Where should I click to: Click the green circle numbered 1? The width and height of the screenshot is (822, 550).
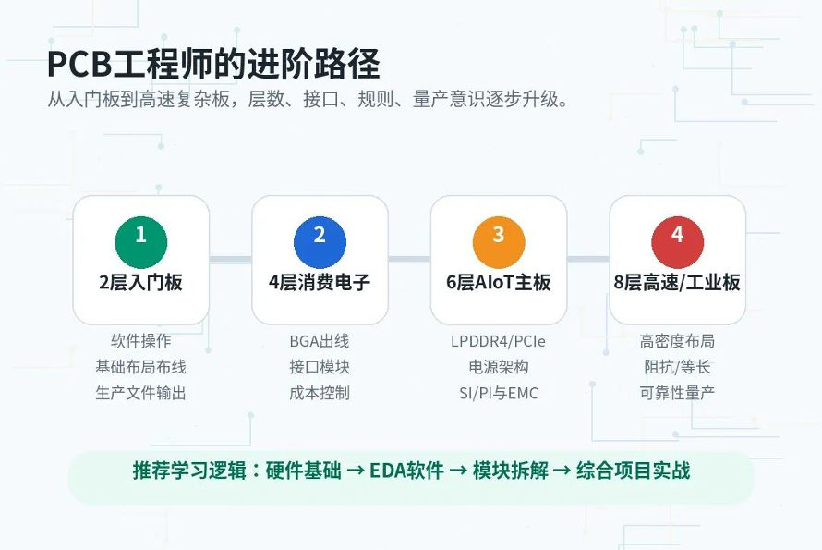click(x=141, y=242)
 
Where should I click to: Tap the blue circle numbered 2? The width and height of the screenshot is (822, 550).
click(x=320, y=242)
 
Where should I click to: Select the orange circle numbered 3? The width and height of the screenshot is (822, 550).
click(x=499, y=242)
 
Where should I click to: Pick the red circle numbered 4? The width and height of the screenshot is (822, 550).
click(x=677, y=242)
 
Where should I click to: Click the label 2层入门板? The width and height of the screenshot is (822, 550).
click(x=141, y=283)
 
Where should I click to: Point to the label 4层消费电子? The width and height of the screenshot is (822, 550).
click(x=320, y=283)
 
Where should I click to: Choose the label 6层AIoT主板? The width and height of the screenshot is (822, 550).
click(x=499, y=283)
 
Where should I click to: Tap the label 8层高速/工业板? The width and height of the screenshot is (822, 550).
click(x=677, y=283)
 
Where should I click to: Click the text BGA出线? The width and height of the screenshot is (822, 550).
click(x=320, y=341)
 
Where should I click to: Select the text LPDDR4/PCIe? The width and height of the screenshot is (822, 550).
click(x=498, y=342)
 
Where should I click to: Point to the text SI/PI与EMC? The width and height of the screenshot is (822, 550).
click(x=499, y=393)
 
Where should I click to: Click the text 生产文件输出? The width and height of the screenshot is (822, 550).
click(x=140, y=393)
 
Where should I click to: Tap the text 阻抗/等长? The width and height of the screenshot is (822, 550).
click(x=677, y=367)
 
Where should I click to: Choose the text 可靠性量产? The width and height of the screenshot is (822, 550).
click(x=677, y=393)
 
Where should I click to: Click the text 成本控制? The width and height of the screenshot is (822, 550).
click(x=320, y=393)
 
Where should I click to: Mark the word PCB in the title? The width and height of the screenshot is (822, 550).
click(x=79, y=64)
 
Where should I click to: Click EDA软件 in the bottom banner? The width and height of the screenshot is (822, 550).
click(x=406, y=471)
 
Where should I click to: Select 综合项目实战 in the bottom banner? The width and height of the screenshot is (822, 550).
click(x=634, y=471)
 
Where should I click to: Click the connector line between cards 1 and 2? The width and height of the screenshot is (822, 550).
click(x=231, y=259)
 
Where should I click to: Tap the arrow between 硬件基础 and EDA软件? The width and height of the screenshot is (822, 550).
click(x=356, y=471)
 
